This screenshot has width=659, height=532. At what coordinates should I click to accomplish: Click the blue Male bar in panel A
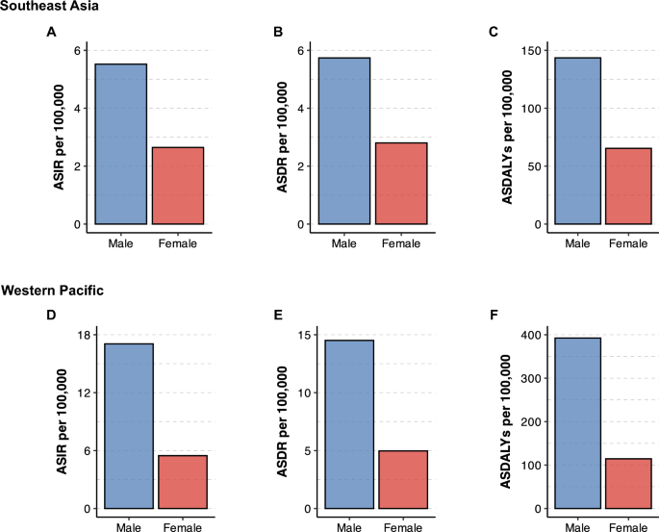pyautogui.click(x=120, y=144)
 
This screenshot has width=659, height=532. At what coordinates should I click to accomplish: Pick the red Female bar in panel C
pyautogui.click(x=627, y=187)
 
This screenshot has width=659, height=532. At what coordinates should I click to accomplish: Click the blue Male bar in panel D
pyautogui.click(x=129, y=426)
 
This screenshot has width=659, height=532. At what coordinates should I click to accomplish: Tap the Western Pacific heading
pyautogui.click(x=56, y=290)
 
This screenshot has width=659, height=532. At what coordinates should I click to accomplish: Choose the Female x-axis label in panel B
pyautogui.click(x=404, y=243)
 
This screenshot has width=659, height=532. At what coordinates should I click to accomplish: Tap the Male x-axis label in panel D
pyautogui.click(x=129, y=527)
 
